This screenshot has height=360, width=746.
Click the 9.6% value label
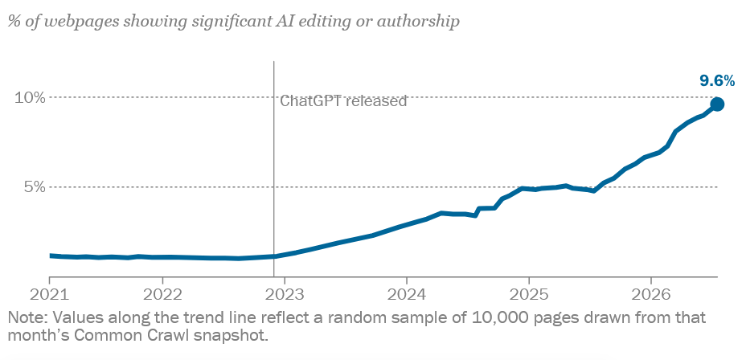[x=717, y=81]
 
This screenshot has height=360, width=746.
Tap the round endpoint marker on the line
[x=717, y=104]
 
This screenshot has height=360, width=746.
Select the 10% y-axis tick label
[x=30, y=97]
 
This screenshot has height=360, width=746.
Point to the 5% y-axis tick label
[x=35, y=187]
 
